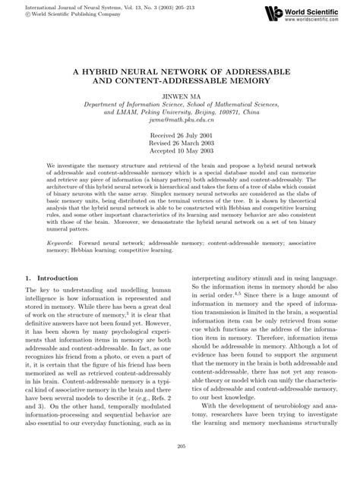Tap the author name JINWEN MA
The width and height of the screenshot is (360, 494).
pyautogui.click(x=179, y=97)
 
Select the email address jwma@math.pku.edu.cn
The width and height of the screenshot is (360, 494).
pyautogui.click(x=179, y=120)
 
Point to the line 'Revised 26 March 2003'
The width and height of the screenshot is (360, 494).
pyautogui.click(x=180, y=143)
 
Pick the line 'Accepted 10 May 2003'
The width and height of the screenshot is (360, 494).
pyautogui.click(x=180, y=150)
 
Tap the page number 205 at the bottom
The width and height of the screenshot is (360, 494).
pyautogui.click(x=180, y=467)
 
